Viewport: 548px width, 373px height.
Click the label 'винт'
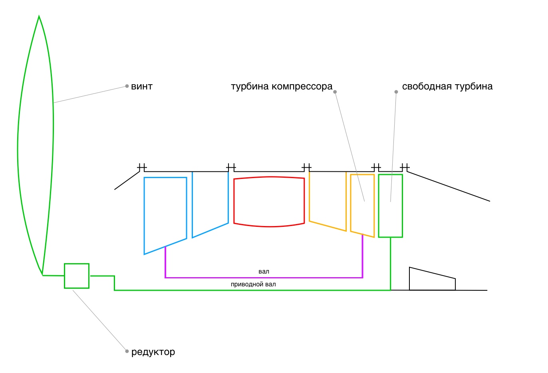(142, 87)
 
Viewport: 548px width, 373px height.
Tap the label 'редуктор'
(153, 352)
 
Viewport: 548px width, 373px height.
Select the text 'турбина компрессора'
(282, 87)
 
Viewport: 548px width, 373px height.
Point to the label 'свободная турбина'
(447, 87)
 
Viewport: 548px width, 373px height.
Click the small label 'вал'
(264, 272)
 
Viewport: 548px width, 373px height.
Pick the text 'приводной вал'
(253, 284)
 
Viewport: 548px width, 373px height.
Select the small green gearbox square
(77, 276)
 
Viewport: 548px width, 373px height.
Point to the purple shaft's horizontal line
(264, 277)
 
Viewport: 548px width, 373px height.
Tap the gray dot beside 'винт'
(127, 86)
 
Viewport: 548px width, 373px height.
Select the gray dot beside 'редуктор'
(127, 351)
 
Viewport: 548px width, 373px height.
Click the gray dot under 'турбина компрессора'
(335, 92)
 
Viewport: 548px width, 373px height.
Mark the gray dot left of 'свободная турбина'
(396, 92)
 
